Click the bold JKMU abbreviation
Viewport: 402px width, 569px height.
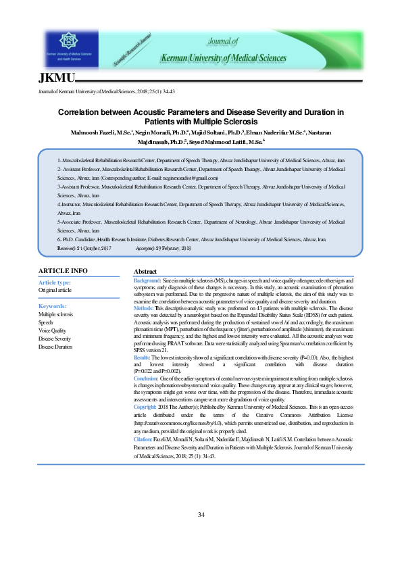coord(57,79)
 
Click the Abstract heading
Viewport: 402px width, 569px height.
coord(147,271)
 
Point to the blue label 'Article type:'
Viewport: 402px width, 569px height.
coord(55,282)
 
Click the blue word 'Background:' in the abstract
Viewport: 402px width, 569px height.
coord(147,280)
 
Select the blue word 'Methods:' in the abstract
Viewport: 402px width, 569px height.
coord(145,307)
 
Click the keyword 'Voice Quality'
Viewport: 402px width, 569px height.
coord(53,330)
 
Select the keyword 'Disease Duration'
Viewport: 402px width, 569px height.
coord(55,347)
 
